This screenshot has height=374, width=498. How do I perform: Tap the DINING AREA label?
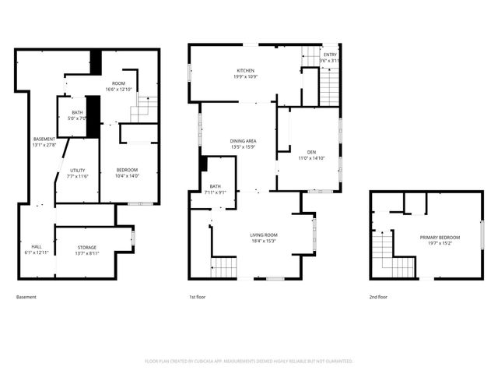[x=244, y=140]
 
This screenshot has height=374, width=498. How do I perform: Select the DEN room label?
[x=311, y=152]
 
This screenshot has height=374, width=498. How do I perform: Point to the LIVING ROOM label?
[x=264, y=235]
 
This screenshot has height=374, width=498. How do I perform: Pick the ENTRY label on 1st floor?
[x=331, y=54]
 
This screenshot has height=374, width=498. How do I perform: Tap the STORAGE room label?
[x=86, y=247]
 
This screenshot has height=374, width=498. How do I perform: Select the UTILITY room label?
[x=78, y=170]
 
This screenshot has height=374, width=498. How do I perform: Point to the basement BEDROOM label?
[x=127, y=170]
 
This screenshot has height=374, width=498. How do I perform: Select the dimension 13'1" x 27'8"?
[x=44, y=145]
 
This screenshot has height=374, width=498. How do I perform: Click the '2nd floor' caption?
[x=379, y=297]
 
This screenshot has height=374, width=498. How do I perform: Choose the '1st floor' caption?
[x=198, y=297]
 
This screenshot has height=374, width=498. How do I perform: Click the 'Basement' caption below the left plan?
[x=26, y=297]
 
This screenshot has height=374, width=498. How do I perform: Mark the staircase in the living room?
[x=225, y=267]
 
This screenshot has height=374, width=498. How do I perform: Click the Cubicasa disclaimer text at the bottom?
[x=249, y=361]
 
